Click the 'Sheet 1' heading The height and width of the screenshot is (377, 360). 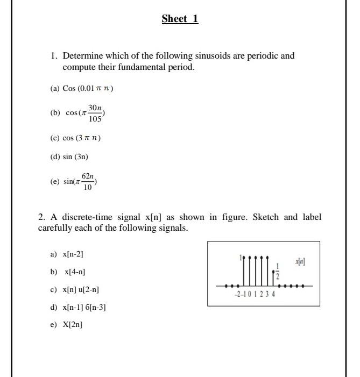(180, 19)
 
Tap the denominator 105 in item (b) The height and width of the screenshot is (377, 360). (95, 119)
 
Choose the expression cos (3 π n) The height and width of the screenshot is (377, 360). (82, 138)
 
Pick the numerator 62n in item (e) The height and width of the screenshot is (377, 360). (88, 176)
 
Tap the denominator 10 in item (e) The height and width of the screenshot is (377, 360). (87, 188)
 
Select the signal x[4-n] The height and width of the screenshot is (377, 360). (74, 272)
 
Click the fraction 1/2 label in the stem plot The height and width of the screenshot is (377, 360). (278, 271)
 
